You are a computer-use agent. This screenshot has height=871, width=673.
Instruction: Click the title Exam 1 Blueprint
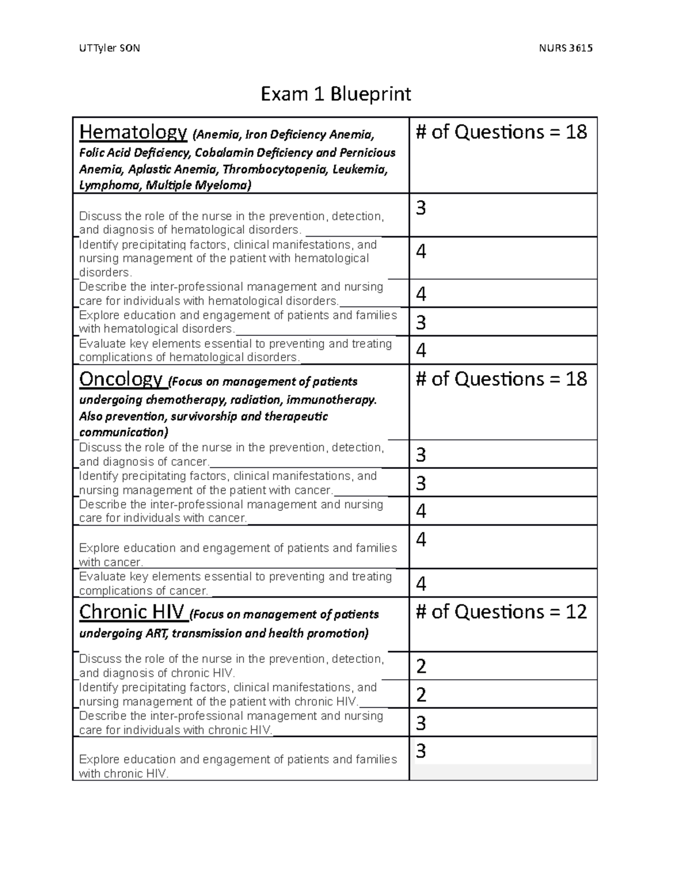coord(336,94)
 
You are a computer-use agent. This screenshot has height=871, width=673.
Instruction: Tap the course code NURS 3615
coord(565,48)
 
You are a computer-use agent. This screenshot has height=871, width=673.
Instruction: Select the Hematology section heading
coord(133,132)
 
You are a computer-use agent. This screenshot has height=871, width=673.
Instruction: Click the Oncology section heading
coord(121,380)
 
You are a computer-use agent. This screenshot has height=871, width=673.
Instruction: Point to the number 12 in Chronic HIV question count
coord(576,612)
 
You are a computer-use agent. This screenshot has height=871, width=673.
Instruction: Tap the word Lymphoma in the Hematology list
coord(107,186)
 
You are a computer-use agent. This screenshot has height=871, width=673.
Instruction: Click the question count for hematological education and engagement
coord(421,322)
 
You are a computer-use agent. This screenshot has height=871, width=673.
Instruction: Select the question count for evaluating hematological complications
coord(421,351)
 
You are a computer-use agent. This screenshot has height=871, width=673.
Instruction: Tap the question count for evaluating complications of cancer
coord(421,584)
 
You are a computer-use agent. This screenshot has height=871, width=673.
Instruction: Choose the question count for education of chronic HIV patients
coord(421,751)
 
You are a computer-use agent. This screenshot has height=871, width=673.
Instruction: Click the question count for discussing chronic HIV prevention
coord(421,666)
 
